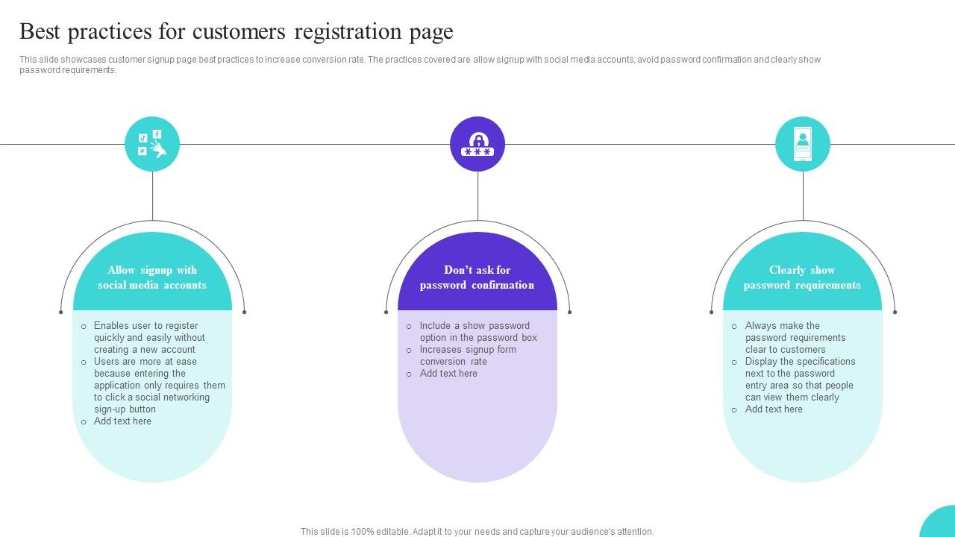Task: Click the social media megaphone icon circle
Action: [x=152, y=144]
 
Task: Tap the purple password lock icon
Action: [x=477, y=144]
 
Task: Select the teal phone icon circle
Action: [x=803, y=144]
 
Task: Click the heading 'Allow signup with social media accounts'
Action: [x=152, y=277]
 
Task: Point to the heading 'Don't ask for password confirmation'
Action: [x=477, y=277]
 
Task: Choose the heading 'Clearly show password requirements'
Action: [x=802, y=277]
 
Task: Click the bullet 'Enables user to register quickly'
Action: [x=149, y=337]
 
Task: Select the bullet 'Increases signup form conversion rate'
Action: [x=468, y=355]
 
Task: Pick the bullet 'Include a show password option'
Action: [x=478, y=331]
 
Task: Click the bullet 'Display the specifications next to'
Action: [x=800, y=379]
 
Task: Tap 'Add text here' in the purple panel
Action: [x=448, y=373]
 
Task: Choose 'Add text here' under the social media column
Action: [x=122, y=421]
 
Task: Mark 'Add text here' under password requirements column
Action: [x=774, y=409]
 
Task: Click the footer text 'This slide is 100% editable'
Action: [x=477, y=532]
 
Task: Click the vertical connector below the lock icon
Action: [x=477, y=195]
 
